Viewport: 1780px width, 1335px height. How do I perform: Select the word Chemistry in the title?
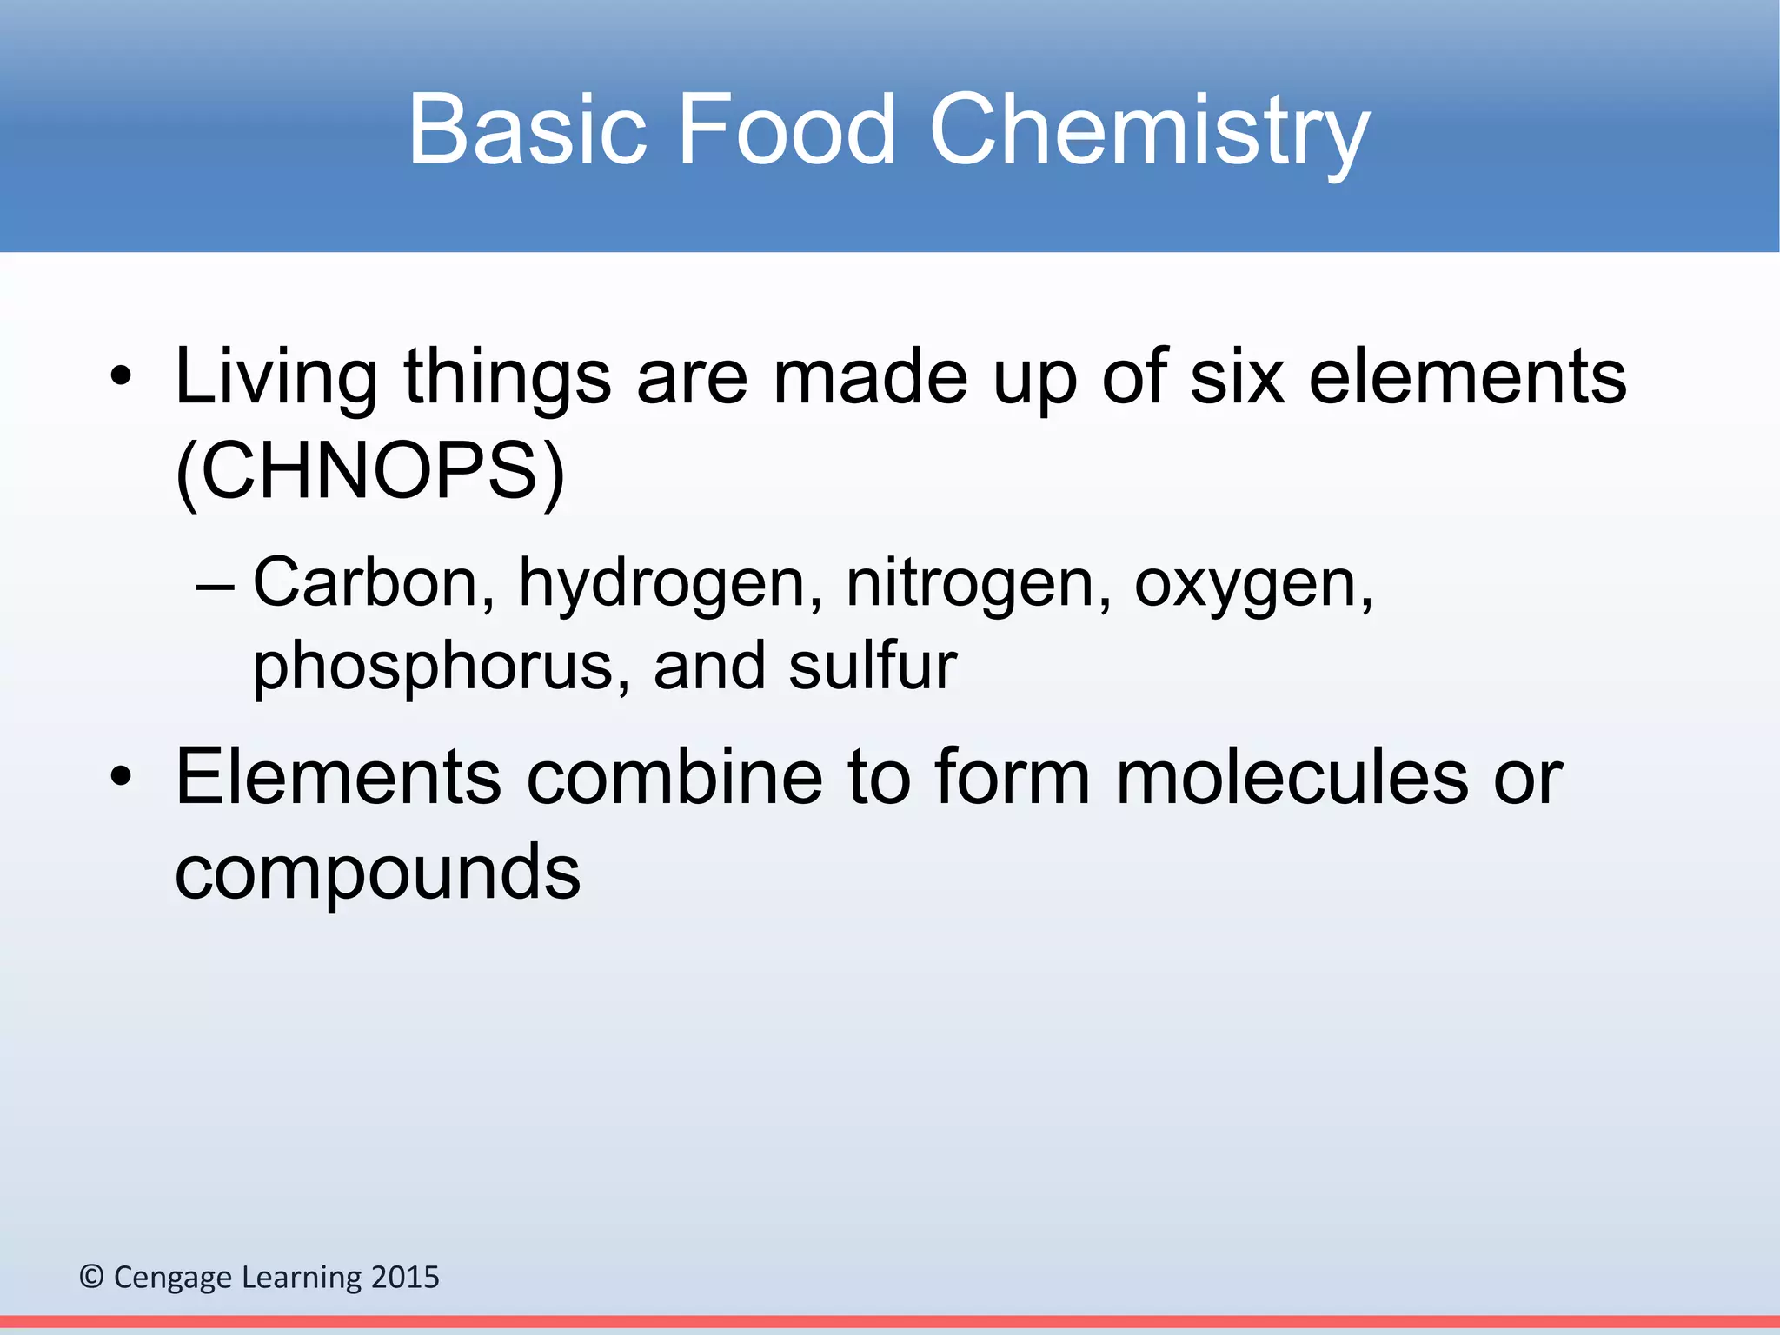(1149, 130)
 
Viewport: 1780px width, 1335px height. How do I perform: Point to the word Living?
(276, 379)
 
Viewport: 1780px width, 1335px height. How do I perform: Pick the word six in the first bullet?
(1237, 377)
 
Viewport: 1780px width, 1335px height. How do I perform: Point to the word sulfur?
(872, 666)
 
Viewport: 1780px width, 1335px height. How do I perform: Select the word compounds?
(377, 873)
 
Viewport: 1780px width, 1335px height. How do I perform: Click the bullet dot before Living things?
(121, 378)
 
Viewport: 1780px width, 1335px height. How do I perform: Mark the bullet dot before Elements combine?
(121, 777)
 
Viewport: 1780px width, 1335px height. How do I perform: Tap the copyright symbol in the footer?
(91, 1277)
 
